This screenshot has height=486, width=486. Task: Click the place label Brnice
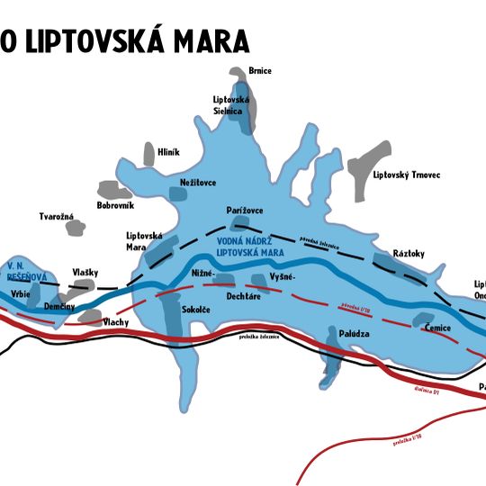pos(260,71)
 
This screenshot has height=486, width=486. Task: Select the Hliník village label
pos(169,152)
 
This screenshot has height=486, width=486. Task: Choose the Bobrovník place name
pos(114,205)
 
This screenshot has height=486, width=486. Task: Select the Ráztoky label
pos(409,254)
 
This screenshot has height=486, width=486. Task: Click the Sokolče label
pos(196,310)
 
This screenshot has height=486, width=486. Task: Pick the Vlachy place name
pos(116,321)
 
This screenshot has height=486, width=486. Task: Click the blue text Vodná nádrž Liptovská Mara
pos(257,246)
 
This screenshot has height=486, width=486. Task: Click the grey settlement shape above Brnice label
pos(238,71)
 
